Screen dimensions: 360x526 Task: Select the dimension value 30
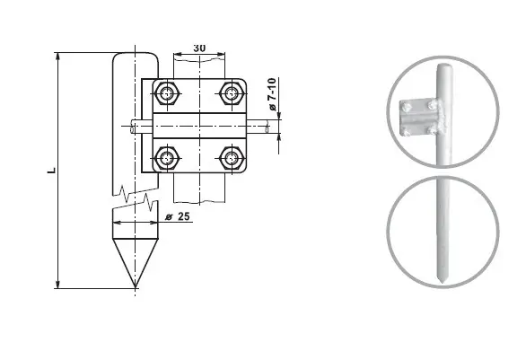tap(199, 47)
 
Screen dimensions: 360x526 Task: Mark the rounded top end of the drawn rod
tap(136, 57)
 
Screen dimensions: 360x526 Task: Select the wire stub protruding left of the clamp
tap(139, 125)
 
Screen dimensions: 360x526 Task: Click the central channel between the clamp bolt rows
tap(199, 125)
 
